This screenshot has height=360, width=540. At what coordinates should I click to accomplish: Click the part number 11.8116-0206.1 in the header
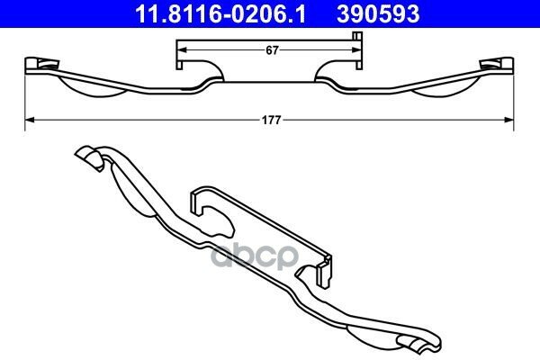220,13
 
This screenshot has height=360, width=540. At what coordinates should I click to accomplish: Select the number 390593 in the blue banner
378,13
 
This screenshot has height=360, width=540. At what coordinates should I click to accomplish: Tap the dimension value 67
272,50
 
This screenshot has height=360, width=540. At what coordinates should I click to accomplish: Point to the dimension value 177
272,121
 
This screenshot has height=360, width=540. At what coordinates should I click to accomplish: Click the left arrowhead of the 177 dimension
30,120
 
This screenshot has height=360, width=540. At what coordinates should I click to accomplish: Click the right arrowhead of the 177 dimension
509,120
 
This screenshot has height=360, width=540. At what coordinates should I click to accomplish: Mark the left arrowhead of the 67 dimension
181,50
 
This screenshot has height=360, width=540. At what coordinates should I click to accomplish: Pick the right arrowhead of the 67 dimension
356,50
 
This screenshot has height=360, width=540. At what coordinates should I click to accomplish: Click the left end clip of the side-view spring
41,66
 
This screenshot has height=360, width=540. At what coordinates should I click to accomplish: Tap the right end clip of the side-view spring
497,66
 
